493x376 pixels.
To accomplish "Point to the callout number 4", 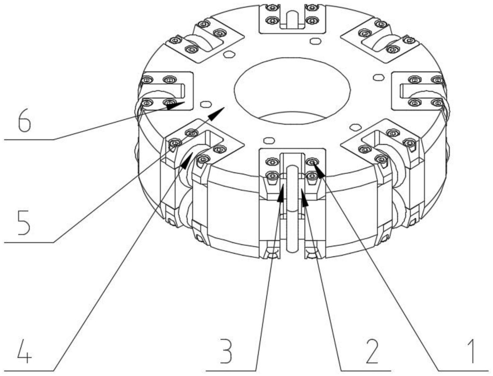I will pos(24,351).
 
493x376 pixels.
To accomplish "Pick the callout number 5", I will pos(24,224).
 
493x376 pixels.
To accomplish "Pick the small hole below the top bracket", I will pos(315,41).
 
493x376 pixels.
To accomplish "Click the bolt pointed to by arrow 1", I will pos(312,162).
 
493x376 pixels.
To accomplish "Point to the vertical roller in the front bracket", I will pos(292,207).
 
